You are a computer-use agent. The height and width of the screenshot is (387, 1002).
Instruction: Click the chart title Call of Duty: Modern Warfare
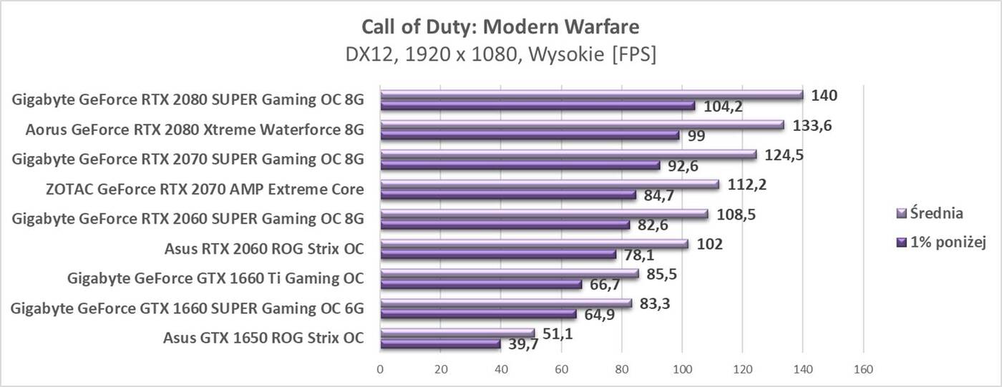pos(500,27)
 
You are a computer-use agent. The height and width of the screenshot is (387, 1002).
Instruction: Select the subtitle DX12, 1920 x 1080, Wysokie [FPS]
pos(500,54)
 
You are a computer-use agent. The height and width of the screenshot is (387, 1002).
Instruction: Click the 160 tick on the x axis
pos(863,370)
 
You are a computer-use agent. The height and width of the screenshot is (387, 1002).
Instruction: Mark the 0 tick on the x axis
pos(380,370)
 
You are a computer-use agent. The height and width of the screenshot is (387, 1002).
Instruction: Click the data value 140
pos(824,95)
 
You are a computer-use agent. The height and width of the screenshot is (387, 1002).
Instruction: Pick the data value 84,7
pos(656,196)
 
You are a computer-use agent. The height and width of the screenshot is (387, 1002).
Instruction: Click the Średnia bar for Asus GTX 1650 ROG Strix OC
pos(457,332)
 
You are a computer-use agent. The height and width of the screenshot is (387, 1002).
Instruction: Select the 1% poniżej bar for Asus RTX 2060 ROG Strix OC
pos(497,254)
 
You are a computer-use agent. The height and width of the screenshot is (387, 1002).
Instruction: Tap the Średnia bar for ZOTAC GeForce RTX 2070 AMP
pos(549,184)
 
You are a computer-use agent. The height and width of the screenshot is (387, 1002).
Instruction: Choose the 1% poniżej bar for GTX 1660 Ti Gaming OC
pos(480,284)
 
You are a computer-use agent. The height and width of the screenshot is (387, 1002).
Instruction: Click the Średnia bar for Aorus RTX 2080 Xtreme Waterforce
pos(581,124)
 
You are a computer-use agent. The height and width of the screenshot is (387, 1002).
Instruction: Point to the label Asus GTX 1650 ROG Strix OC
pos(263,338)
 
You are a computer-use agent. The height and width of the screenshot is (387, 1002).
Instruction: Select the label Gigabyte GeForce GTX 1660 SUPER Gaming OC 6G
pos(188,308)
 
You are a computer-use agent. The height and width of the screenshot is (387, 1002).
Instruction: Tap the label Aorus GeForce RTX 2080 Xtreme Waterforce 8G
pos(194,129)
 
